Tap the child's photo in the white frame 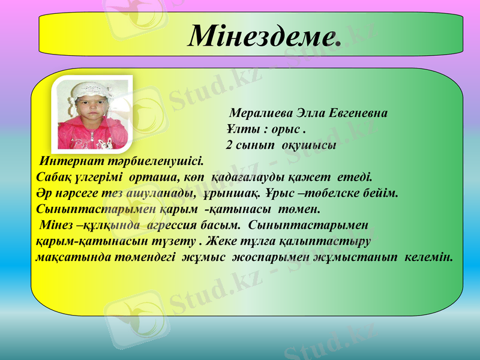(x=93, y=115)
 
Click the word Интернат (x=65, y=161)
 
